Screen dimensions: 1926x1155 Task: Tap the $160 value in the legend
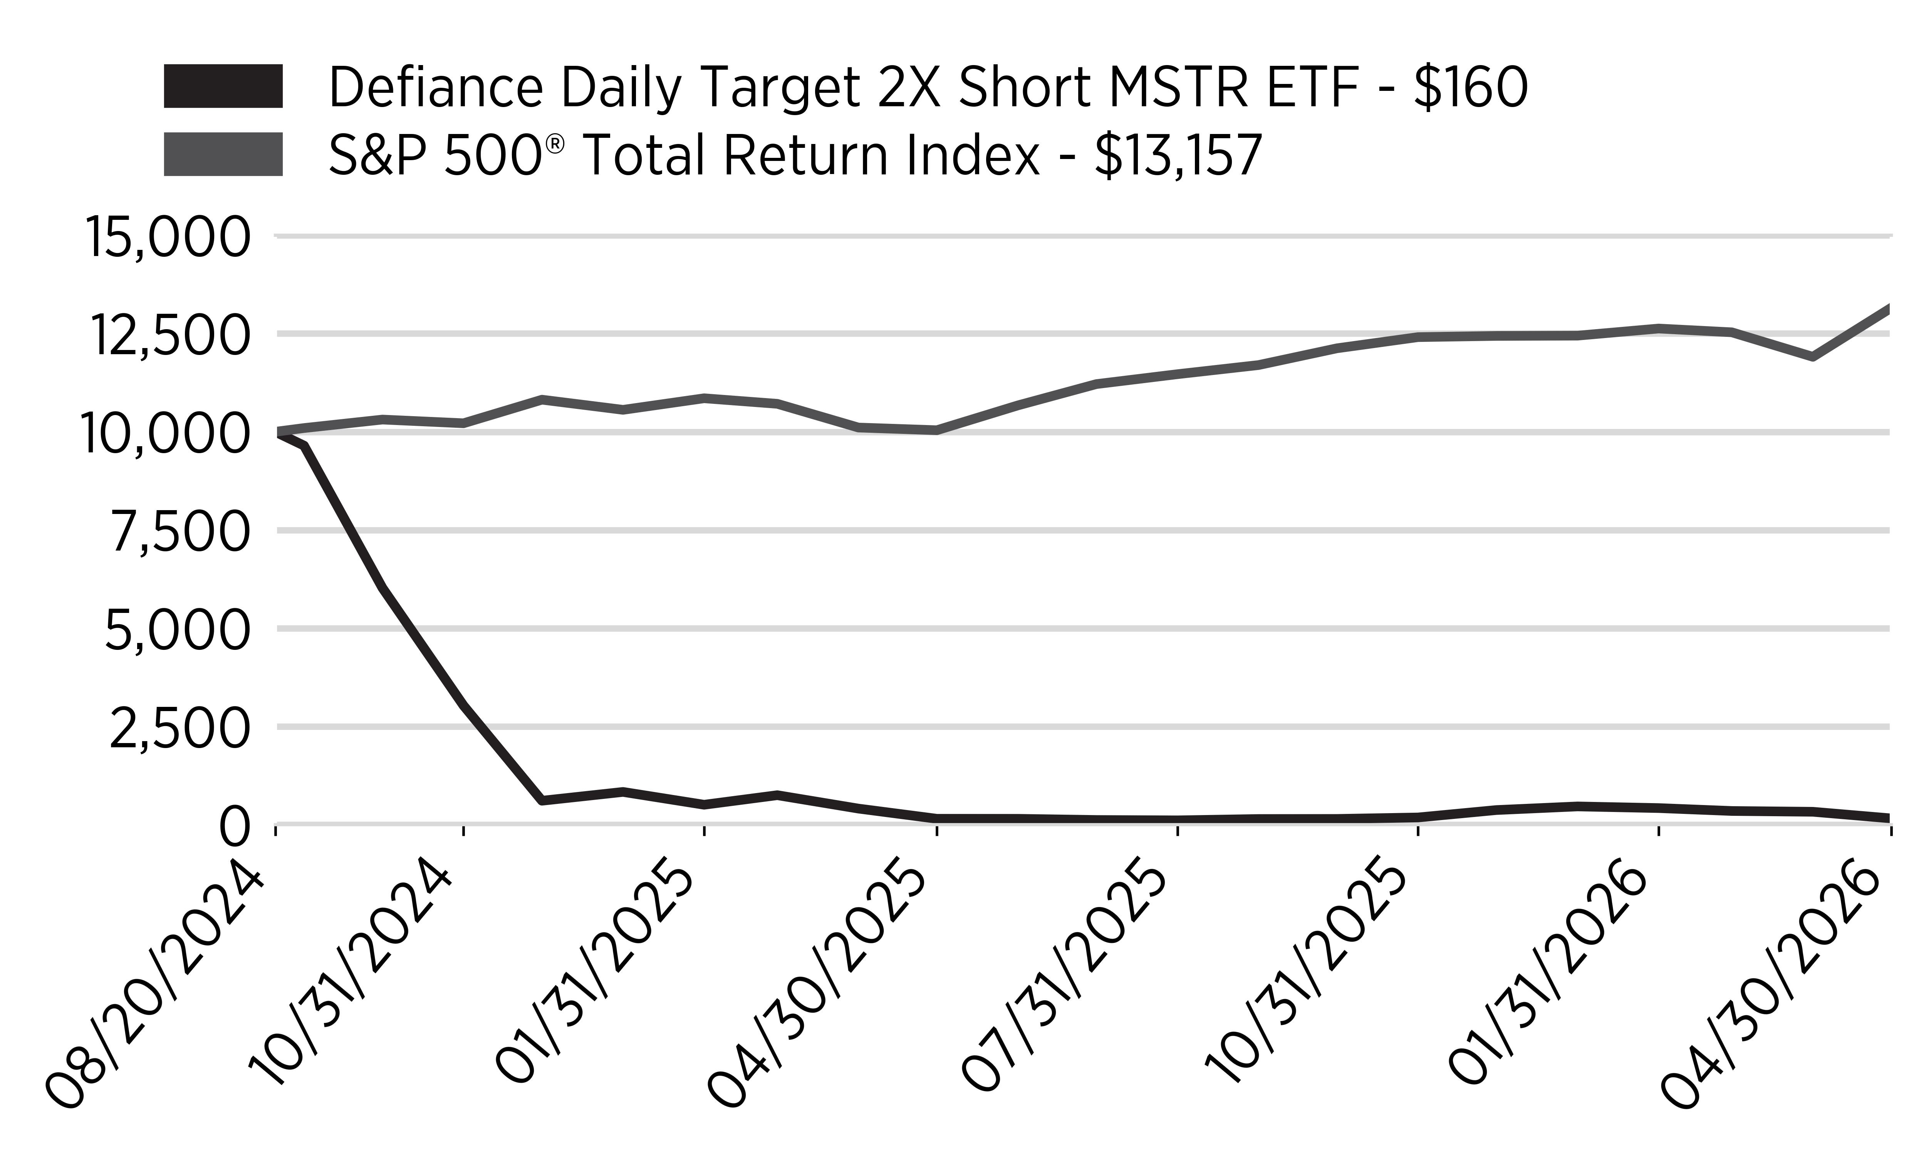pyautogui.click(x=1471, y=86)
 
